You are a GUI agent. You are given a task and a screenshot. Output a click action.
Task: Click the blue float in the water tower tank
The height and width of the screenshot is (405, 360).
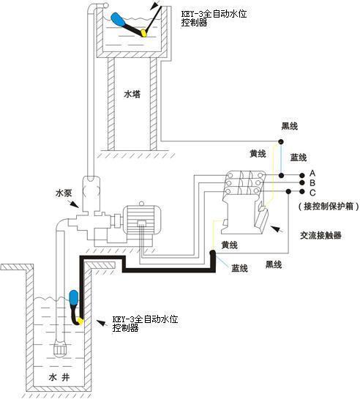click(118, 19)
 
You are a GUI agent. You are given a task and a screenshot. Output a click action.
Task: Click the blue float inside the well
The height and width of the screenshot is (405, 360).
click(74, 298)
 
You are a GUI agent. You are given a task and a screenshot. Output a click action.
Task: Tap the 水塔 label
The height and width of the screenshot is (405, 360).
click(132, 94)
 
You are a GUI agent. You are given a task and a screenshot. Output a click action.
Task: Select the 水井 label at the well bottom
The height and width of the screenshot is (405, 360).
click(59, 377)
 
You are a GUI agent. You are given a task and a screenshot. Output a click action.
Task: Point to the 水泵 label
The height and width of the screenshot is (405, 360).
click(64, 193)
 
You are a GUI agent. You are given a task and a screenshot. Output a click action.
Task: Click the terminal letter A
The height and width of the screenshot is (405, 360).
click(312, 173)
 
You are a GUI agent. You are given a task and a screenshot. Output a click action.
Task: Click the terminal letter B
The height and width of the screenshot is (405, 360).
click(312, 183)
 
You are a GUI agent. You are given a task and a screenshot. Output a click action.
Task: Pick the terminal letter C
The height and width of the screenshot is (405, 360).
click(312, 193)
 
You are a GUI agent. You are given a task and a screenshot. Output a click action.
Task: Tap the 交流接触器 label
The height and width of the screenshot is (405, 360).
click(320, 235)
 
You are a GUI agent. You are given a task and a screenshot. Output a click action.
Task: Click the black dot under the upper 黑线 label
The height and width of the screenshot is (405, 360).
click(281, 141)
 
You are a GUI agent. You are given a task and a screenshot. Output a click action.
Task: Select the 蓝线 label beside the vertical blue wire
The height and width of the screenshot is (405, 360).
click(299, 157)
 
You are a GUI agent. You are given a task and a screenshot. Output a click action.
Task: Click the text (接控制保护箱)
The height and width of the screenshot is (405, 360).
click(329, 206)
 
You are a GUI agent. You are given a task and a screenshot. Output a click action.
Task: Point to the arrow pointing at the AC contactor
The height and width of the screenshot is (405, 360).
click(277, 228)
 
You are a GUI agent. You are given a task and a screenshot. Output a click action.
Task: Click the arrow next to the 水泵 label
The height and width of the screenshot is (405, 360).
click(74, 204)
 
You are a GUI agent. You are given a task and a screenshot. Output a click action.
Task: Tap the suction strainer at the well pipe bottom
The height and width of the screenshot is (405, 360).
click(61, 349)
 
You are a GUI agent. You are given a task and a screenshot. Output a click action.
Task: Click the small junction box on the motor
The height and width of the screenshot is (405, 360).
click(141, 223)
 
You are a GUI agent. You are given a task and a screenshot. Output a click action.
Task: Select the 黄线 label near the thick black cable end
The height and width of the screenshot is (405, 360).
click(229, 245)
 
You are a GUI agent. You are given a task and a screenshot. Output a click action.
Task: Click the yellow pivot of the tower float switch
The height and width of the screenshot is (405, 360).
click(143, 33)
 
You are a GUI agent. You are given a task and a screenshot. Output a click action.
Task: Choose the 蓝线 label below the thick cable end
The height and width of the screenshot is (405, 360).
click(239, 268)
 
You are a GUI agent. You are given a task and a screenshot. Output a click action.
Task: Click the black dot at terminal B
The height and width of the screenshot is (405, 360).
click(301, 183)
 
